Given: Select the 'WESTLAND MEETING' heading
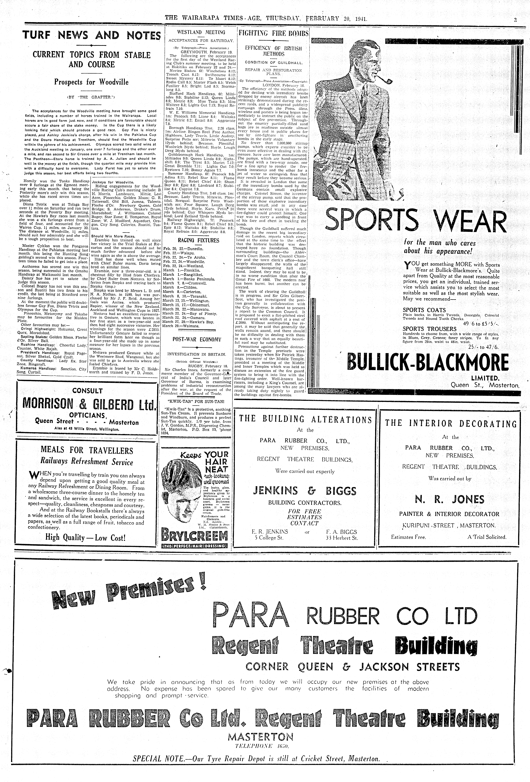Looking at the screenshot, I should (x=201, y=33).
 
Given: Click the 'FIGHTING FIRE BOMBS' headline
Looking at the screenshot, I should (x=273, y=33).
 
